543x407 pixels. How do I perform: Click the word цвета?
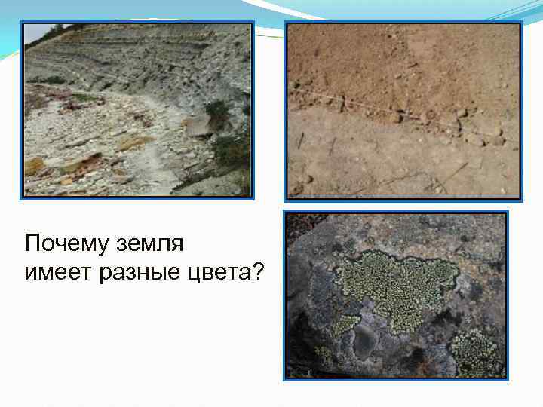(219, 271)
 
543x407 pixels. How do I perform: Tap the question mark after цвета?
(258, 271)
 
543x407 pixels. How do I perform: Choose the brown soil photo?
(403, 110)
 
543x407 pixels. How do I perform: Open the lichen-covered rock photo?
(395, 294)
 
